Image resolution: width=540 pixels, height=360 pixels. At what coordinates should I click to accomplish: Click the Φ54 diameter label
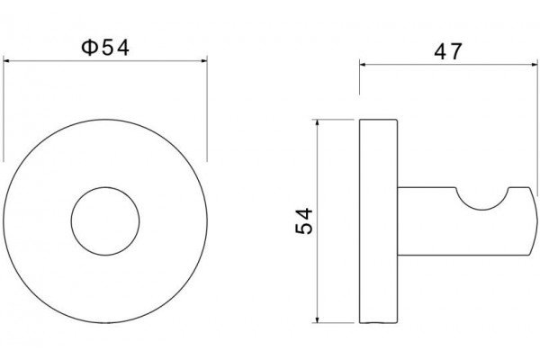[105, 48]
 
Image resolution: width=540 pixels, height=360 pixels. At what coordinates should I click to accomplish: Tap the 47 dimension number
[447, 51]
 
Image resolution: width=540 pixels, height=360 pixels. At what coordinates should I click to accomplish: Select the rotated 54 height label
[304, 220]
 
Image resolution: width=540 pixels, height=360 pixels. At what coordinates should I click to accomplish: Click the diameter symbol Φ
[89, 48]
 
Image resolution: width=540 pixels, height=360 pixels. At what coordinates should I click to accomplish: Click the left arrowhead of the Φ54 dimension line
[6, 61]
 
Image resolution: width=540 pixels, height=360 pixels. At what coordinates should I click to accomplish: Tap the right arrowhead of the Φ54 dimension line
[204, 61]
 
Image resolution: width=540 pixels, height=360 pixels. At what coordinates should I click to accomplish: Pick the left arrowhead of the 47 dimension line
[363, 64]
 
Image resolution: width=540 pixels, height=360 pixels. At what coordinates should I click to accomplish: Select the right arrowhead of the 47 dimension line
[535, 64]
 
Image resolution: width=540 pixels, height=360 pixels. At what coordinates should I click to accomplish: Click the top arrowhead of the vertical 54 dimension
[317, 122]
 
